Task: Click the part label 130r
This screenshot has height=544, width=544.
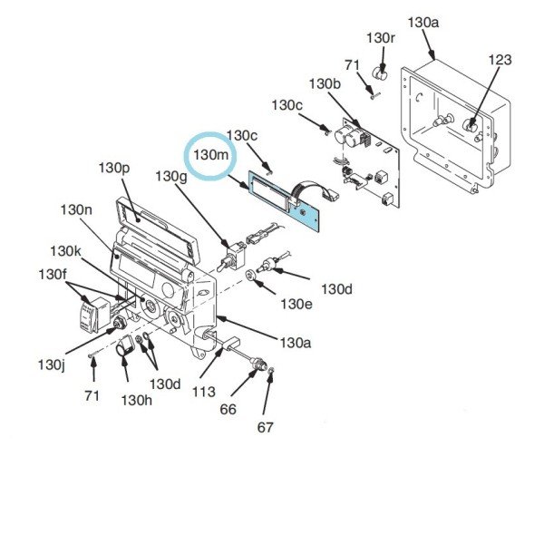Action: pos(381,38)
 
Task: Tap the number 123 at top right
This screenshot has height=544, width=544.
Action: pos(500,60)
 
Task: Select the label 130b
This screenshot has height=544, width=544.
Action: pos(325,83)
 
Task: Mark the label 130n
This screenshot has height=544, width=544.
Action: pos(77,209)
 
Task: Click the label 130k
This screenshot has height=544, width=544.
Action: pos(65,250)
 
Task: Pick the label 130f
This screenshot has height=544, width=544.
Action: pos(52,274)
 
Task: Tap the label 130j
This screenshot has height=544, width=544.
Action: pos(51,364)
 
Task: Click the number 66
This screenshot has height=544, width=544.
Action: pos(228,409)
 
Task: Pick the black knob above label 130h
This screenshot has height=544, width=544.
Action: pos(126,346)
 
